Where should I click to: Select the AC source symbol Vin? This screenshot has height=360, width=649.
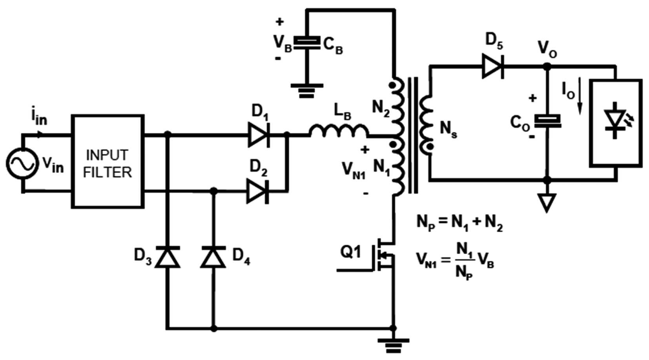[x=22, y=163]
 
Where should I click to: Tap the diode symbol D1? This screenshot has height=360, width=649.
[x=259, y=135]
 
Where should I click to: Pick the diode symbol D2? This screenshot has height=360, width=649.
[x=257, y=191]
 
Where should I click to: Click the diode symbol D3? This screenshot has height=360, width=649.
[x=168, y=257]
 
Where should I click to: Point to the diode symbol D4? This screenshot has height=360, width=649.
[x=213, y=257]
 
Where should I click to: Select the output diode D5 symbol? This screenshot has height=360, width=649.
[x=493, y=66]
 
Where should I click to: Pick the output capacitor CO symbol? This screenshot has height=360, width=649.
[x=547, y=121]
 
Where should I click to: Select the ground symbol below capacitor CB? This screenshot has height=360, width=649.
[x=307, y=91]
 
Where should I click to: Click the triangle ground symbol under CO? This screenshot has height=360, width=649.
[x=547, y=203]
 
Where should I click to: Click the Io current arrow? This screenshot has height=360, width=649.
[x=580, y=96]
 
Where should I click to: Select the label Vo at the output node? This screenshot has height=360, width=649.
[x=547, y=50]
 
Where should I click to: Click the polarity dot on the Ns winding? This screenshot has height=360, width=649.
[x=430, y=147]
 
